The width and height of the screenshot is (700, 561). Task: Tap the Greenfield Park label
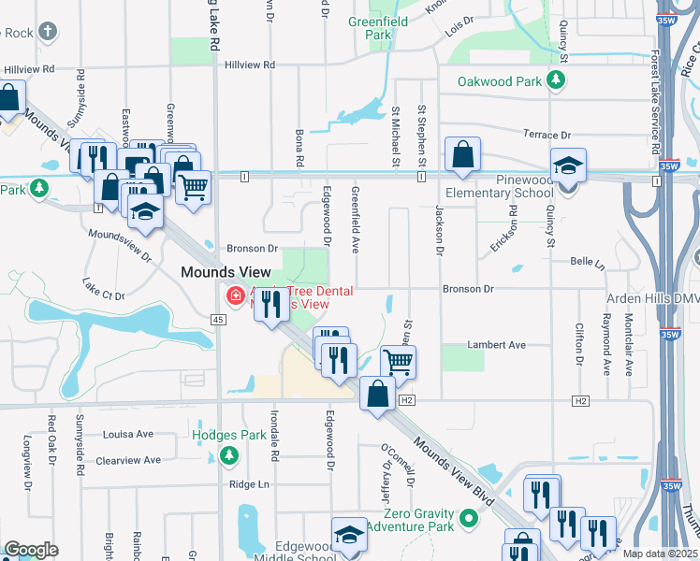click(x=378, y=28)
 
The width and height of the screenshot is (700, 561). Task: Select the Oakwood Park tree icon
click(x=557, y=80)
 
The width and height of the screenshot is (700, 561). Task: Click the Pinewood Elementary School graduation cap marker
click(x=568, y=167)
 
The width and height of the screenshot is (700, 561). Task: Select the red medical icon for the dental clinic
click(x=235, y=296)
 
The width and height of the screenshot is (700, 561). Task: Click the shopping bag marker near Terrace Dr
click(x=462, y=155)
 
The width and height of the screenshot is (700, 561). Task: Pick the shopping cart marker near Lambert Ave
click(x=398, y=361)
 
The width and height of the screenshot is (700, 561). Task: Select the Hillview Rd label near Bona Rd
click(x=250, y=65)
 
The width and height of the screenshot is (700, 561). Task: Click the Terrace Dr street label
click(x=547, y=135)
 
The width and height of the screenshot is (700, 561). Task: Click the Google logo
click(x=31, y=550)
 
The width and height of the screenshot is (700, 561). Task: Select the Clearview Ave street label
click(x=124, y=460)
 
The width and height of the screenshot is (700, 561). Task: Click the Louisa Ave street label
click(x=128, y=434)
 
